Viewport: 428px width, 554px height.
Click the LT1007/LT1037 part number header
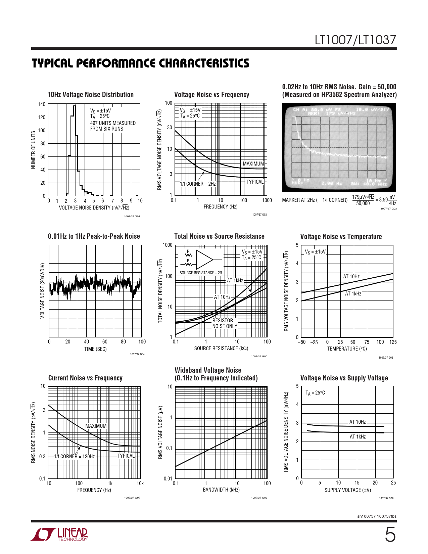coord(355,40)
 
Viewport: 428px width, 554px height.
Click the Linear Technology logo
coord(59,534)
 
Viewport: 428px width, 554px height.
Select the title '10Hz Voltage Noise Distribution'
coord(91,95)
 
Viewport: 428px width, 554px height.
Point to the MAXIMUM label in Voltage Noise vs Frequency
coord(253,164)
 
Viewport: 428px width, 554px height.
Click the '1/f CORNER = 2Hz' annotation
coord(198,184)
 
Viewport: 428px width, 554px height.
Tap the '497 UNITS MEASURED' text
coord(113,123)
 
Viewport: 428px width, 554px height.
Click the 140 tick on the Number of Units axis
coord(42,104)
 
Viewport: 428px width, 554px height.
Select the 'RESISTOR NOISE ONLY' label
coord(224,323)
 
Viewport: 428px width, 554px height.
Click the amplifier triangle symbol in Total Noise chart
coord(204,259)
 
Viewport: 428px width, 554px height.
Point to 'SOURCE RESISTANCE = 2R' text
coord(200,273)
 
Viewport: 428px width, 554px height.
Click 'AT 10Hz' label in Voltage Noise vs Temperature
coord(351,277)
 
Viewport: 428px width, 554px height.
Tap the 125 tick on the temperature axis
coord(393,342)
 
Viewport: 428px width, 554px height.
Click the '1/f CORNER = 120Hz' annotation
coord(74,456)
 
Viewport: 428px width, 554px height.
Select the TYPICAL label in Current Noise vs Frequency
coord(126,456)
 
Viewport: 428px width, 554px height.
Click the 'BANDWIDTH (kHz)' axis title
coord(221,490)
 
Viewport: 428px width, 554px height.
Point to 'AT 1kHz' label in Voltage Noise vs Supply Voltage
coord(358,437)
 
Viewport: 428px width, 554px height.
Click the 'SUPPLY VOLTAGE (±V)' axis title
coord(347,490)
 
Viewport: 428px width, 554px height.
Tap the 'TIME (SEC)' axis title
coord(95,349)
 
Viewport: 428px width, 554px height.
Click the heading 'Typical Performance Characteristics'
coord(140,63)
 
